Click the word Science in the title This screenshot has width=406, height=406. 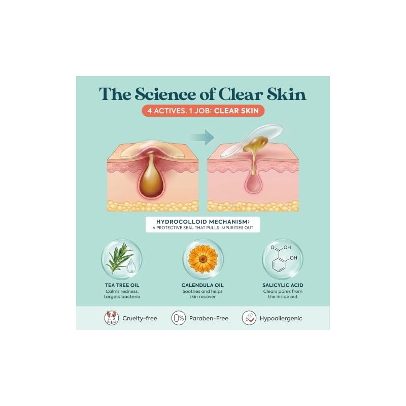[x=165, y=94]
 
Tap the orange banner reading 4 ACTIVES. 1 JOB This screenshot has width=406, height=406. [x=204, y=111]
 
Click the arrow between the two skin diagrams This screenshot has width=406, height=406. [x=202, y=137]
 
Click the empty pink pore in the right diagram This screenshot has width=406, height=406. [x=253, y=184]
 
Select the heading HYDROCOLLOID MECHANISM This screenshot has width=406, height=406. [x=202, y=222]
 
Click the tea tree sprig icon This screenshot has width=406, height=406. [x=119, y=258]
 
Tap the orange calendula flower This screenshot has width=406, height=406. [x=204, y=259]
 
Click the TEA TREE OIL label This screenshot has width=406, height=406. [x=122, y=285]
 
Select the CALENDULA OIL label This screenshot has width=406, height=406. [x=202, y=285]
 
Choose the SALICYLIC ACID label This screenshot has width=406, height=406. [x=283, y=285]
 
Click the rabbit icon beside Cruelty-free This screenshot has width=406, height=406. [x=112, y=318]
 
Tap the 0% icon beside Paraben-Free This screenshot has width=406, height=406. [x=179, y=318]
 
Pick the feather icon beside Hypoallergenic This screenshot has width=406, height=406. [x=249, y=318]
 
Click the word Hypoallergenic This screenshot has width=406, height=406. [x=281, y=319]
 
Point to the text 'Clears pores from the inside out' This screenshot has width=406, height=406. [x=283, y=294]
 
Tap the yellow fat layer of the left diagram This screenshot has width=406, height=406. [x=153, y=206]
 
